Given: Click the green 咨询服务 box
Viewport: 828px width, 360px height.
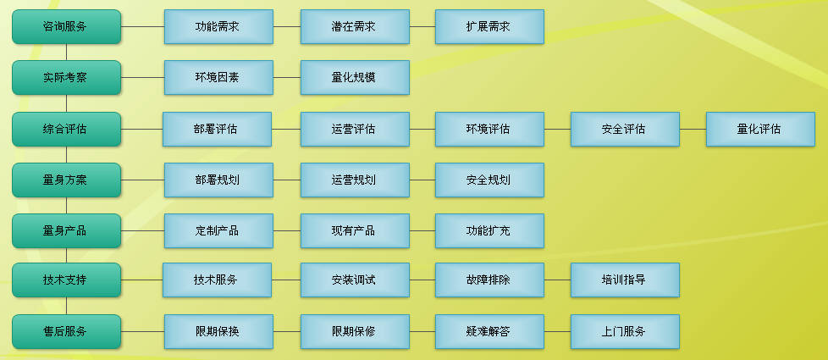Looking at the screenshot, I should pyautogui.click(x=66, y=27).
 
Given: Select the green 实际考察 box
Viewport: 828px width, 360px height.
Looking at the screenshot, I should pyautogui.click(x=66, y=78).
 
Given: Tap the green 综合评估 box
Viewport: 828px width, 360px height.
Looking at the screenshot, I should pyautogui.click(x=66, y=130).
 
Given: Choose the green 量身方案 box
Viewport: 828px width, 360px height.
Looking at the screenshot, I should pyautogui.click(x=66, y=180).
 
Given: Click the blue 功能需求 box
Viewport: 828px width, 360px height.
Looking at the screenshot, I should pyautogui.click(x=218, y=27).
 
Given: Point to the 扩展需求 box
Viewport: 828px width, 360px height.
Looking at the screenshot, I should pyautogui.click(x=489, y=27).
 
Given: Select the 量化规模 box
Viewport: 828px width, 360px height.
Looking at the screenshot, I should pyautogui.click(x=355, y=78).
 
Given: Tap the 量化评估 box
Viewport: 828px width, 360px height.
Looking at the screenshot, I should pyautogui.click(x=760, y=130).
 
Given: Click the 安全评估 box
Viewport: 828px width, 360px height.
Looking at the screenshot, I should pyautogui.click(x=625, y=130).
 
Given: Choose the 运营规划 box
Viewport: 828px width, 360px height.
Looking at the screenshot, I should pyautogui.click(x=355, y=180).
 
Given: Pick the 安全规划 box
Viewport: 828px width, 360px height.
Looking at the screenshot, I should pyautogui.click(x=489, y=180).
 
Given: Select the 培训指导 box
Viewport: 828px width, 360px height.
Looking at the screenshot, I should pyautogui.click(x=625, y=280).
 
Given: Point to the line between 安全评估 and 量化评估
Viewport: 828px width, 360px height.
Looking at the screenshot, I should pyautogui.click(x=693, y=130).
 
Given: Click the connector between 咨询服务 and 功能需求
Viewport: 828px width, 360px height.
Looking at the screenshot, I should pyautogui.click(x=142, y=27).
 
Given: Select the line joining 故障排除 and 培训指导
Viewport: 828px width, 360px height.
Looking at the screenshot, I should pyautogui.click(x=557, y=280).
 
